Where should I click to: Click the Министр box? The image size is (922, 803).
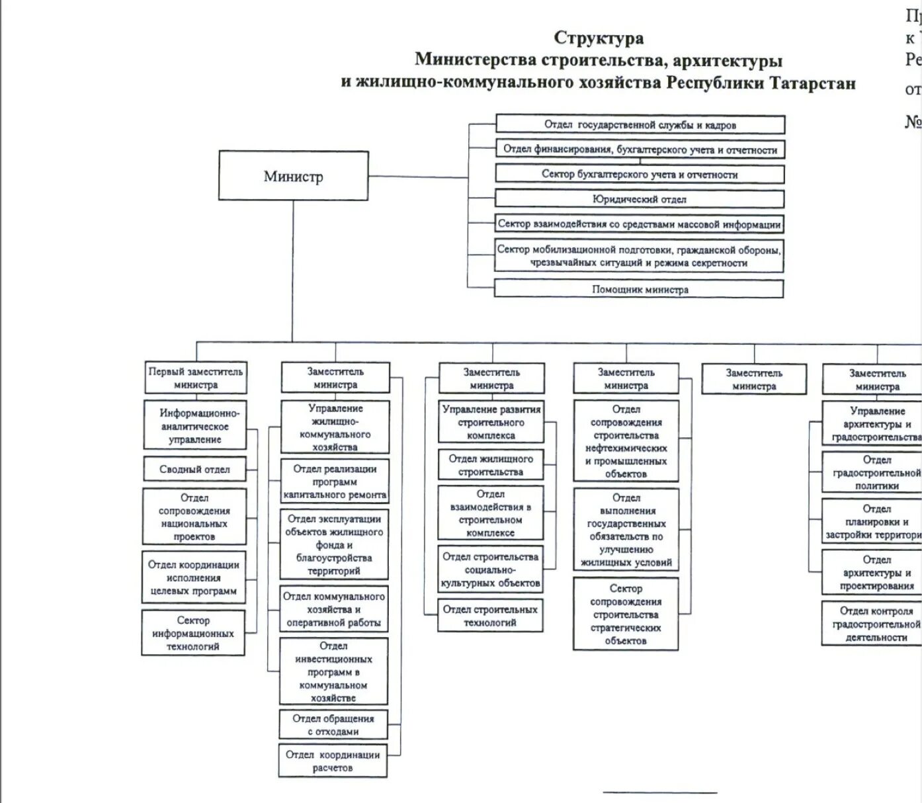click(x=293, y=176)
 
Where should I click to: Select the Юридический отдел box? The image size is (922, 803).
click(x=639, y=199)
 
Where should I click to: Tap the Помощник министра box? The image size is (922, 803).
click(x=639, y=289)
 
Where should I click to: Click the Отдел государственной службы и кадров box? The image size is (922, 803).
click(x=640, y=124)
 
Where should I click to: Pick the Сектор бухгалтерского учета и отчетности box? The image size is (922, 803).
click(x=639, y=175)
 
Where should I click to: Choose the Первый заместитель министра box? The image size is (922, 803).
click(x=195, y=378)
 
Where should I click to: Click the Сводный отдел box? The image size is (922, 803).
click(x=194, y=469)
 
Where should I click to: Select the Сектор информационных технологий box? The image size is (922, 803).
click(x=192, y=633)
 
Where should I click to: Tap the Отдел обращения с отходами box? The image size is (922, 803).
click(x=333, y=725)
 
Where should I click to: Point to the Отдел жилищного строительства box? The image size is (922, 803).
click(x=490, y=465)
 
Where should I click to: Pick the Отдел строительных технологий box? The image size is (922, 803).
click(x=490, y=616)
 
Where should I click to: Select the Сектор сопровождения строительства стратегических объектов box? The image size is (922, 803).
click(x=625, y=614)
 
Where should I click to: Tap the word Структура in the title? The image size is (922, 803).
click(x=599, y=38)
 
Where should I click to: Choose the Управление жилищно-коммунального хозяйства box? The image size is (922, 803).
click(x=335, y=427)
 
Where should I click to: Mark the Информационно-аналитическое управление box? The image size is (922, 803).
click(x=195, y=426)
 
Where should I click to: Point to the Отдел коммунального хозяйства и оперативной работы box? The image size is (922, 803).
click(x=333, y=609)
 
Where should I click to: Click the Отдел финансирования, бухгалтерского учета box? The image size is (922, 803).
click(x=640, y=149)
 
